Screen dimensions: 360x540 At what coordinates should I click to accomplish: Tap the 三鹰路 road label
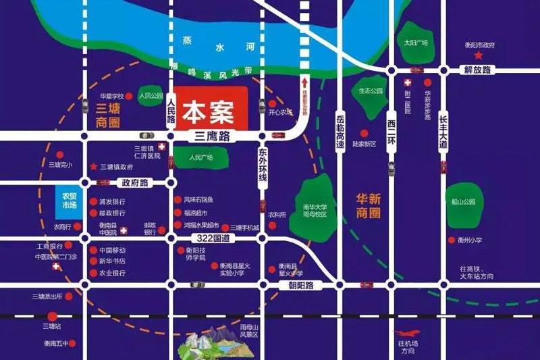[212, 136]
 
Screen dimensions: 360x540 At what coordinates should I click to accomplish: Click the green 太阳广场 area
[416, 41]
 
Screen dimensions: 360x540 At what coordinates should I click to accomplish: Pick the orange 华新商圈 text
[368, 205]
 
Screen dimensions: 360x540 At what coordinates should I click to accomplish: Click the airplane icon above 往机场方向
[408, 333]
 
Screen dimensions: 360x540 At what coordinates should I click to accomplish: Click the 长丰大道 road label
[443, 130]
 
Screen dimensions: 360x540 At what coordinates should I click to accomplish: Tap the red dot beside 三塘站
[61, 315]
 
